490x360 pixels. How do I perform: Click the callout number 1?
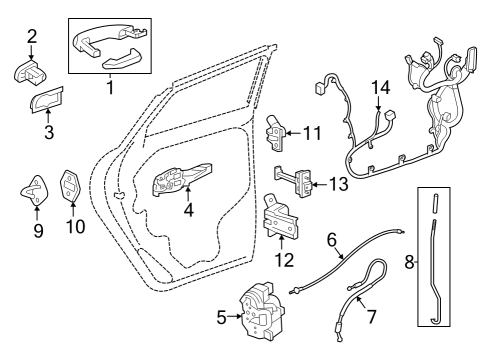click(x=109, y=87)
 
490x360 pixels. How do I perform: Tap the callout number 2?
click(x=31, y=38)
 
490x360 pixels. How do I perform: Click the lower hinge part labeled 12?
click(x=280, y=217)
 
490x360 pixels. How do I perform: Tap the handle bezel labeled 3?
click(x=46, y=102)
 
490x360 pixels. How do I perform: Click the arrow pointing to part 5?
click(x=235, y=317)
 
